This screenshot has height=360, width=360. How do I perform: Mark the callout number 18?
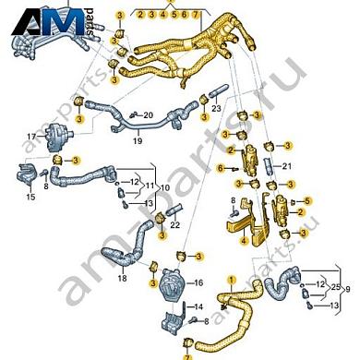[122, 277]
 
